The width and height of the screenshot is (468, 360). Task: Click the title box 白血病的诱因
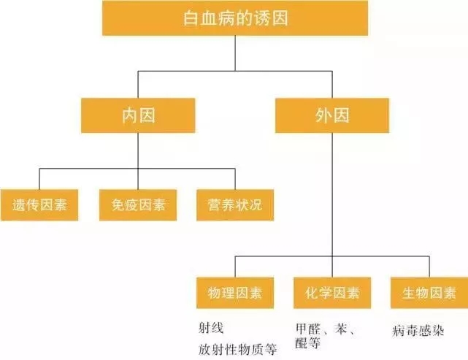(x=236, y=18)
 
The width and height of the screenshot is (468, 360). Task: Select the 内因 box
(x=138, y=115)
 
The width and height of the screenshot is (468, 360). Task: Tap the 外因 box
(x=331, y=115)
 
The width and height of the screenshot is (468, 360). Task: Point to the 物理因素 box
(x=235, y=294)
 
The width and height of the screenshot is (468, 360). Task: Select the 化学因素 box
(x=332, y=294)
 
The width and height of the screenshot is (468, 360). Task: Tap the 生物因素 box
(x=429, y=294)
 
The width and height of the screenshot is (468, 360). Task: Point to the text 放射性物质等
(x=237, y=349)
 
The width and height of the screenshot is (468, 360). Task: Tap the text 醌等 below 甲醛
(x=308, y=342)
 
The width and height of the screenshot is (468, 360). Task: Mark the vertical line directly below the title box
(x=236, y=53)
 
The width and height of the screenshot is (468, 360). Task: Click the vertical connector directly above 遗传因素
(x=39, y=179)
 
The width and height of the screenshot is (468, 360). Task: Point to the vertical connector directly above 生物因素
(x=429, y=266)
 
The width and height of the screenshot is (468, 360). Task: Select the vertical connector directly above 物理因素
(x=235, y=266)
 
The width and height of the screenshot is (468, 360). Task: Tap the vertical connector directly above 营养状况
(x=235, y=179)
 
